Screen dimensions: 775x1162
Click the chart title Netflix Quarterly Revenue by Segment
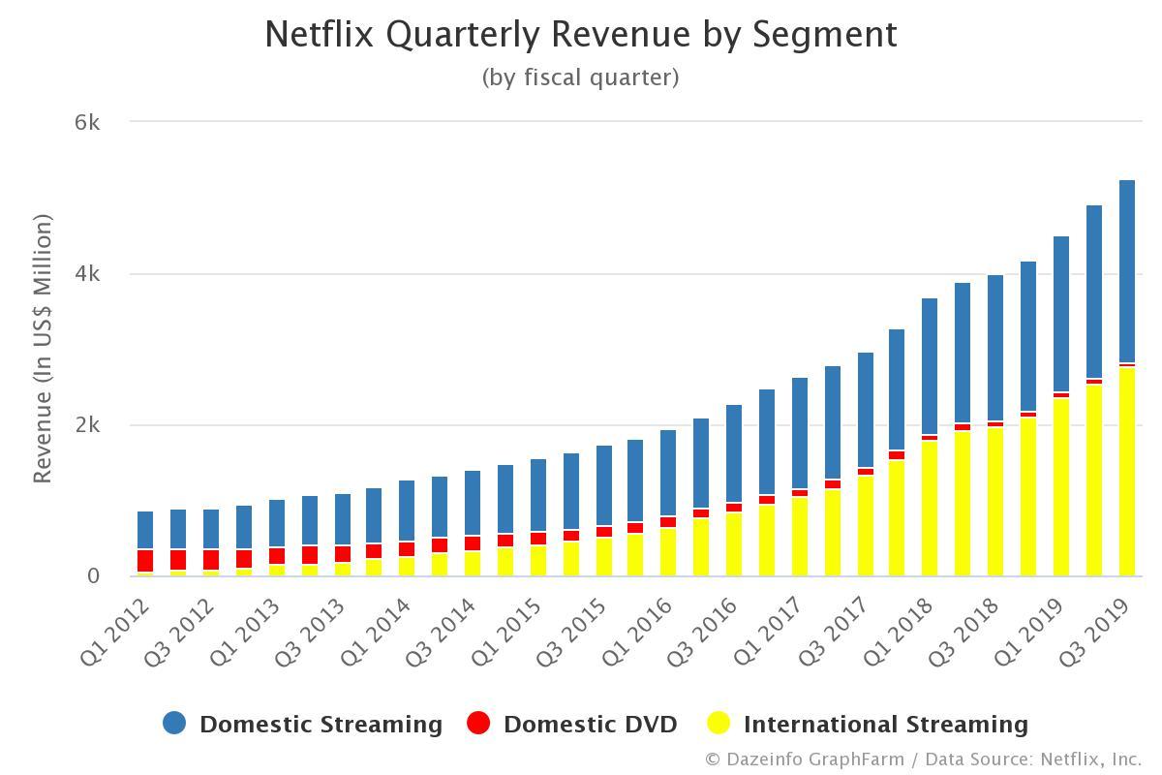pos(581,35)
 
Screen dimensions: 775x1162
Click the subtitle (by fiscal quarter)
pos(581,77)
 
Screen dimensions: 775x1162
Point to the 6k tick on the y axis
pos(87,122)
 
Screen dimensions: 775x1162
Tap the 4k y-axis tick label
pos(87,274)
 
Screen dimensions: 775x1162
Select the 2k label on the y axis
pos(87,425)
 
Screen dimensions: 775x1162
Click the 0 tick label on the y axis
pos(93,576)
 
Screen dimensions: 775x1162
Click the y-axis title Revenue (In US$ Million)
pos(43,349)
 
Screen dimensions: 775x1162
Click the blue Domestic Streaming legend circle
pos(174,724)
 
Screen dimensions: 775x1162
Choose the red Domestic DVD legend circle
pos(478,724)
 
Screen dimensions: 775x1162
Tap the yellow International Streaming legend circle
pos(718,724)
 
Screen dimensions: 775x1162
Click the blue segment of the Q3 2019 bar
pos(1127,271)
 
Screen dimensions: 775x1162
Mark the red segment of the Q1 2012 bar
pos(145,561)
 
